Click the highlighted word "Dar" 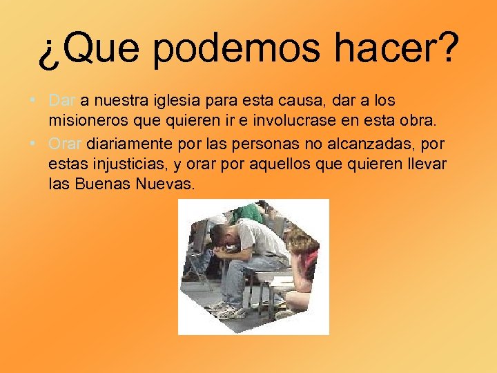63,102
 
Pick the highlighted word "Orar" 66,144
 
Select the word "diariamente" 131,144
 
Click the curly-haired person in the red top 302,259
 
